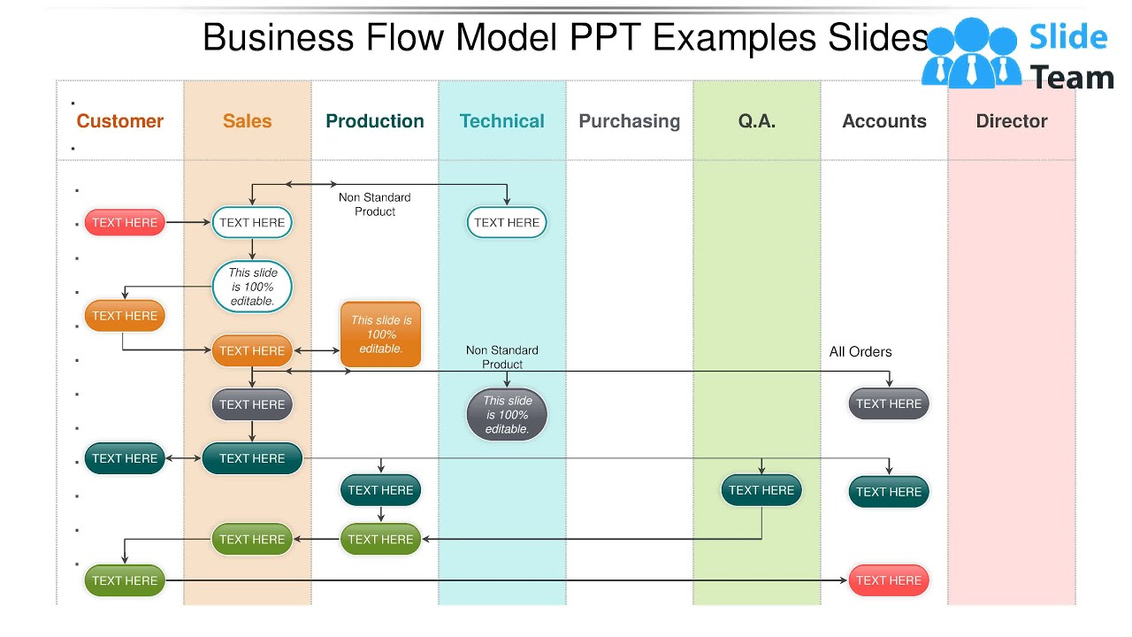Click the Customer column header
point(120,121)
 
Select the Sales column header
point(248,121)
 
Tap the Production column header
point(375,121)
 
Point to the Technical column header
point(502,121)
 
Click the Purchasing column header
point(630,121)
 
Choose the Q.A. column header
point(757,121)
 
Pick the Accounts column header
point(884,121)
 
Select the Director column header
point(1012,121)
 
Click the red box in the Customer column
point(125,223)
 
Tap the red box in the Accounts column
point(889,580)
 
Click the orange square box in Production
point(381,334)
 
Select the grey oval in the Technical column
point(507,415)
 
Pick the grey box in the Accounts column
point(889,404)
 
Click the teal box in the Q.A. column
point(761,490)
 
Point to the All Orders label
point(860,352)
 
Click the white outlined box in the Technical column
point(507,223)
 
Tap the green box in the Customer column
point(125,580)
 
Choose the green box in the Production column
point(380,539)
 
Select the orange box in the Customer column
point(125,316)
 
